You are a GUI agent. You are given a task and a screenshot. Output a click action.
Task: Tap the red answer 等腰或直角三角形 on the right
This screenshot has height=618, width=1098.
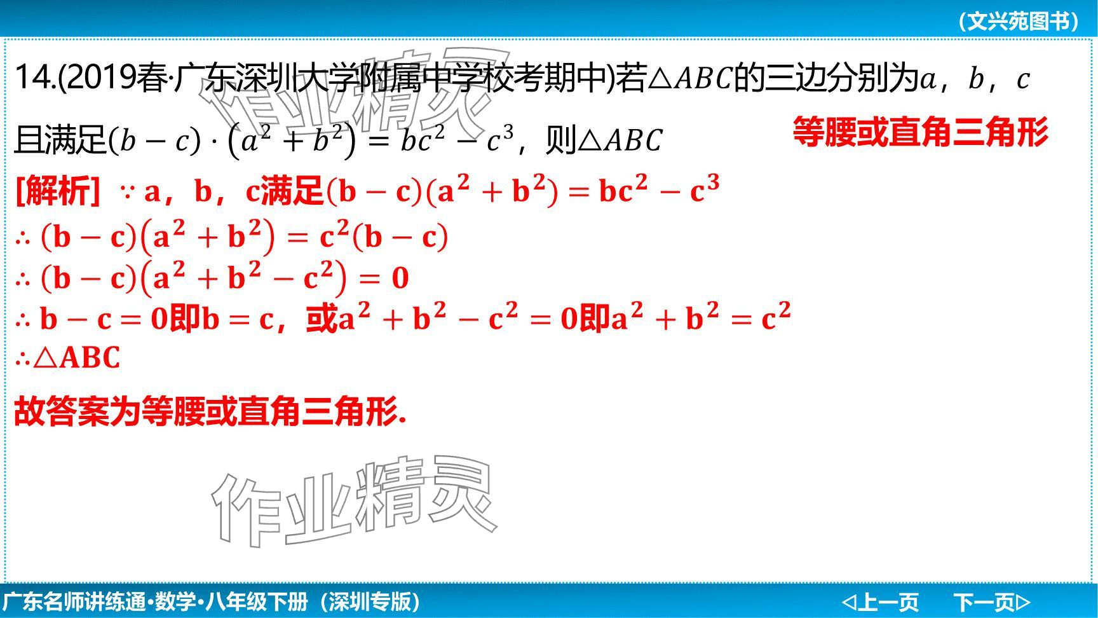point(921,133)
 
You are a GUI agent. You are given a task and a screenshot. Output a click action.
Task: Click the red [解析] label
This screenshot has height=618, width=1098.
point(57,190)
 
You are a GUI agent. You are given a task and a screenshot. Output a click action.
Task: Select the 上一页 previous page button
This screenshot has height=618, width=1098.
point(880,601)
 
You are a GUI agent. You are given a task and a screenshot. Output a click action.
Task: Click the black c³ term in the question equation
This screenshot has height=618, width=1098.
point(499,139)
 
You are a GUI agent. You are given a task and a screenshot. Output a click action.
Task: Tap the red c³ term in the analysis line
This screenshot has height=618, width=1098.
point(705,189)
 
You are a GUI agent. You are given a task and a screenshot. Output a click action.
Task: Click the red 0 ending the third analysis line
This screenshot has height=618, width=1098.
point(400,278)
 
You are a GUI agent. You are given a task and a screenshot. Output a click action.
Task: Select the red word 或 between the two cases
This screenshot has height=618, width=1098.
point(321,319)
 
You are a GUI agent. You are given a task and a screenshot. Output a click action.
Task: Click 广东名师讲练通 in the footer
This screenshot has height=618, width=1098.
point(74,601)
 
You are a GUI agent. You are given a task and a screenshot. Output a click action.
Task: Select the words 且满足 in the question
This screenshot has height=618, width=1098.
point(61,140)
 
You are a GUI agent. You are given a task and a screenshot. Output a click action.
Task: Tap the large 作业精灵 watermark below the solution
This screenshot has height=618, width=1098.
point(353,502)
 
